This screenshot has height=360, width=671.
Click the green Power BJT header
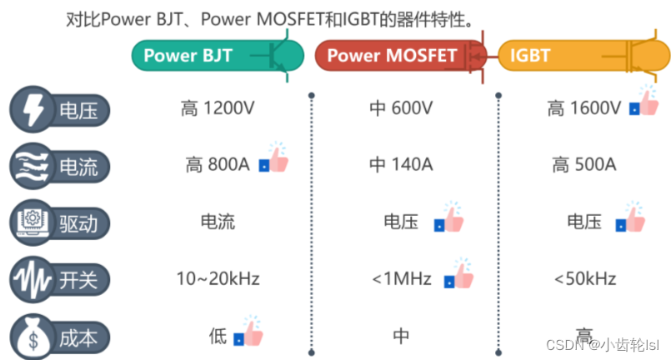[x=200, y=56]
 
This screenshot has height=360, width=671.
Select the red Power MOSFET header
[x=392, y=56]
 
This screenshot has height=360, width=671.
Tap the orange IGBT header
[x=550, y=56]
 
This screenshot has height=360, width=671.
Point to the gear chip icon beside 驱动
[x=32, y=222]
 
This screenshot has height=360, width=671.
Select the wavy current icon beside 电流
[x=32, y=166]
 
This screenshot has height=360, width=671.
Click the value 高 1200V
[x=216, y=108]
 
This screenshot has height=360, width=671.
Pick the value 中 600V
[x=401, y=108]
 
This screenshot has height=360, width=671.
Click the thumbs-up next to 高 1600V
[x=644, y=102]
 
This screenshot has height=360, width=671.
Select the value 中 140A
[x=401, y=165]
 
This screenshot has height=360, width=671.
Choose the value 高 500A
[x=584, y=165]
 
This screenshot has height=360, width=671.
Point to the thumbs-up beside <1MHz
[x=459, y=272]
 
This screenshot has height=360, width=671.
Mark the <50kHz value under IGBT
[x=584, y=278]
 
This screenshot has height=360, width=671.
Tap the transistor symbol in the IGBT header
[x=638, y=57]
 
